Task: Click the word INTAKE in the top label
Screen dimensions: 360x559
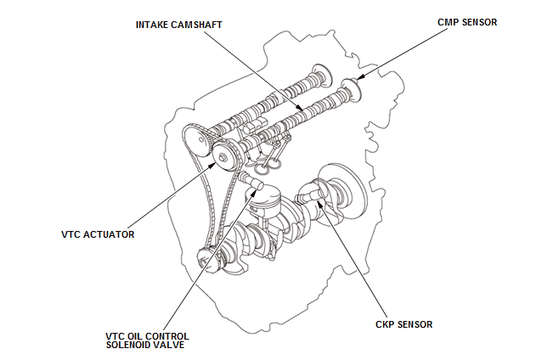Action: [154, 24]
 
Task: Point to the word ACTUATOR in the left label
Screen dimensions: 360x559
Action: [109, 233]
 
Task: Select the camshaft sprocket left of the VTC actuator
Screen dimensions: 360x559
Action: [192, 139]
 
